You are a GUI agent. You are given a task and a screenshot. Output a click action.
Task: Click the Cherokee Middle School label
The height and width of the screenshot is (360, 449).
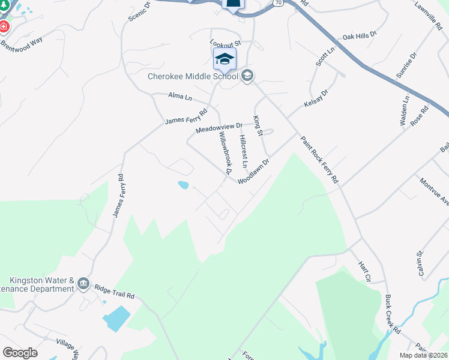[x=193, y=76]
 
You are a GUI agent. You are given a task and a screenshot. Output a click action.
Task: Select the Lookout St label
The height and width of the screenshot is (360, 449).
[x=225, y=43]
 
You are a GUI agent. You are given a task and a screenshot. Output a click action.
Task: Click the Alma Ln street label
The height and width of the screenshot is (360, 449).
[x=179, y=95]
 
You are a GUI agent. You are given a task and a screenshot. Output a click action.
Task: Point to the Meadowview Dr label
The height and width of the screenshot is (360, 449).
[x=219, y=128]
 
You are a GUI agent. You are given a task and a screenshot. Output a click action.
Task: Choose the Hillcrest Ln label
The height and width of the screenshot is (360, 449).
[x=243, y=151]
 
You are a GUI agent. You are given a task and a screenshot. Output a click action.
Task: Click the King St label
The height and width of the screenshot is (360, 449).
[x=258, y=126]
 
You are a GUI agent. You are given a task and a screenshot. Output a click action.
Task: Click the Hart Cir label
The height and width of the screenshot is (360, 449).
[x=366, y=271]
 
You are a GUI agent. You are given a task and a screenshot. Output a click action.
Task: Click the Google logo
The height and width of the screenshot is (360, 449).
[x=20, y=353]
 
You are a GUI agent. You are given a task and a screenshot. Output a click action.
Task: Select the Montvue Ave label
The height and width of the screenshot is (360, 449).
[x=435, y=191]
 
